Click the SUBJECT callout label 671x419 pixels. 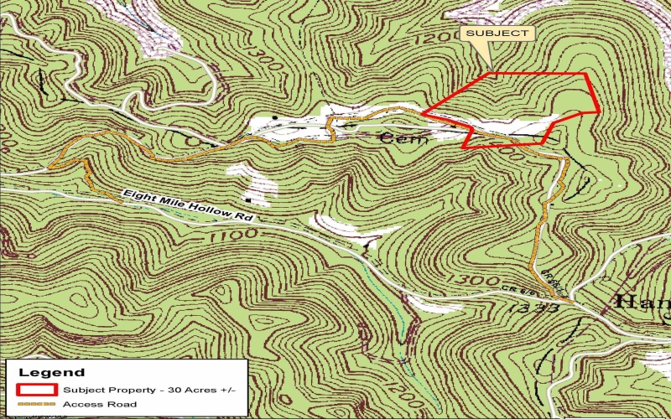pos(497,34)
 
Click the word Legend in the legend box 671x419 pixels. pos(51,372)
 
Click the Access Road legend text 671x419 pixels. pos(100,405)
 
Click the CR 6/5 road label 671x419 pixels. pos(542,294)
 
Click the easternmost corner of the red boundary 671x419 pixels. pos(599,111)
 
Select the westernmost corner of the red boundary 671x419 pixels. pos(421,113)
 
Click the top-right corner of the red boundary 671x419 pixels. pos(585,74)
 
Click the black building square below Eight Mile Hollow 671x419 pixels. pos(249,201)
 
